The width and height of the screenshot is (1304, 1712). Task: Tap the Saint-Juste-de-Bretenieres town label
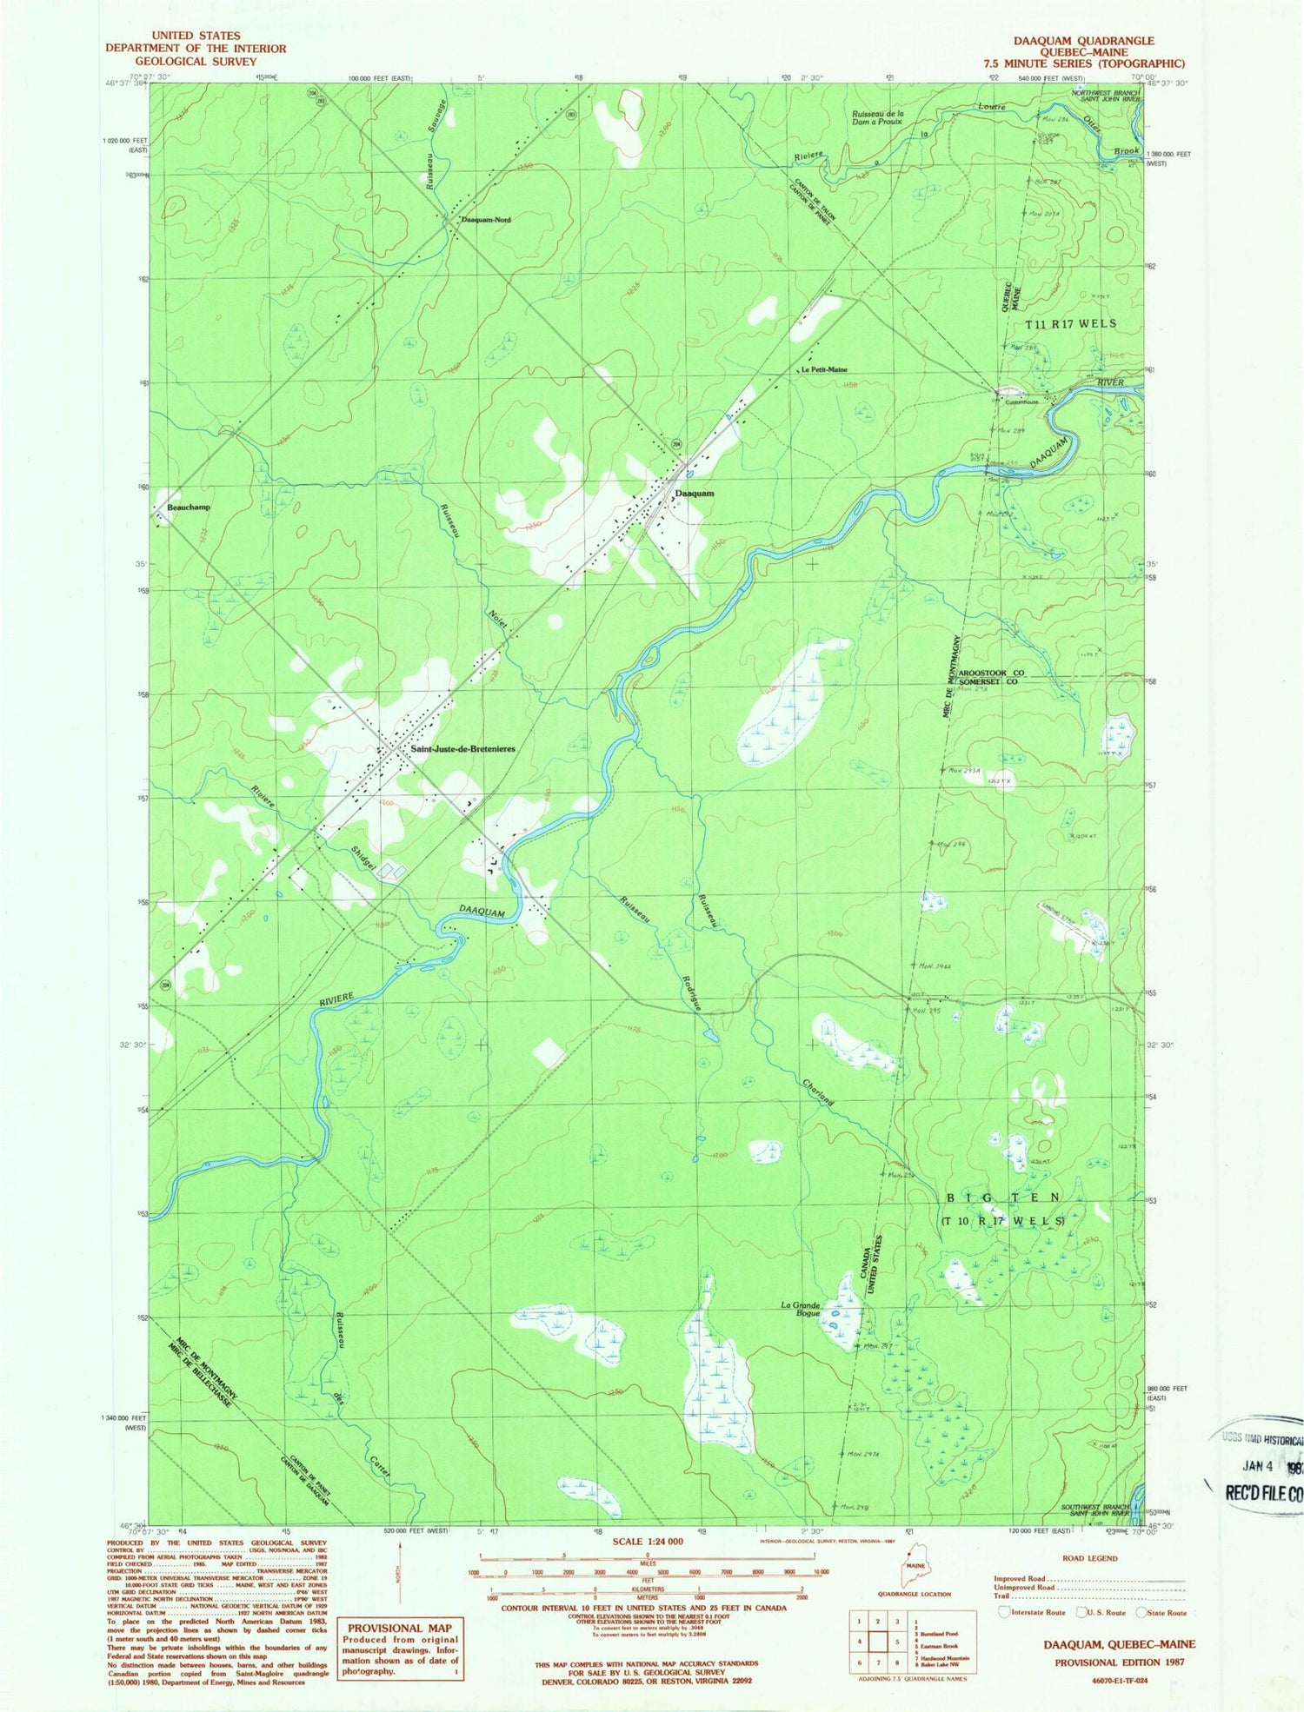pos(463,749)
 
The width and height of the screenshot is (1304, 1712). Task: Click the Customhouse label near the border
pos(1021,402)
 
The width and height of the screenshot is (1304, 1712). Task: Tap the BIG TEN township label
pos(1002,1198)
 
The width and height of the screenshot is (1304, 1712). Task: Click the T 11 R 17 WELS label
pos(1070,323)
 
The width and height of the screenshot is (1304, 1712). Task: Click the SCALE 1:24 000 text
pos(647,1541)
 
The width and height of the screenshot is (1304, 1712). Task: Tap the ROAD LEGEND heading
pos(1089,1558)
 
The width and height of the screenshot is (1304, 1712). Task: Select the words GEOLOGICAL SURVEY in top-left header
pos(196,62)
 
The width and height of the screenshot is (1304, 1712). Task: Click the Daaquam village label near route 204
pos(695,493)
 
